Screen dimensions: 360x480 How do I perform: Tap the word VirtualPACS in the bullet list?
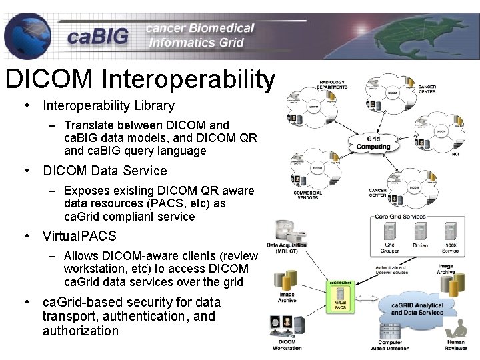(79, 236)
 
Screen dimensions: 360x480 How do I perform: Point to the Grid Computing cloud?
(373, 143)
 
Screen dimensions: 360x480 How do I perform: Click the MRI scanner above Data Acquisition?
(286, 233)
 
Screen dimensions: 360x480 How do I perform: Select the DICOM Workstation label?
(287, 345)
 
